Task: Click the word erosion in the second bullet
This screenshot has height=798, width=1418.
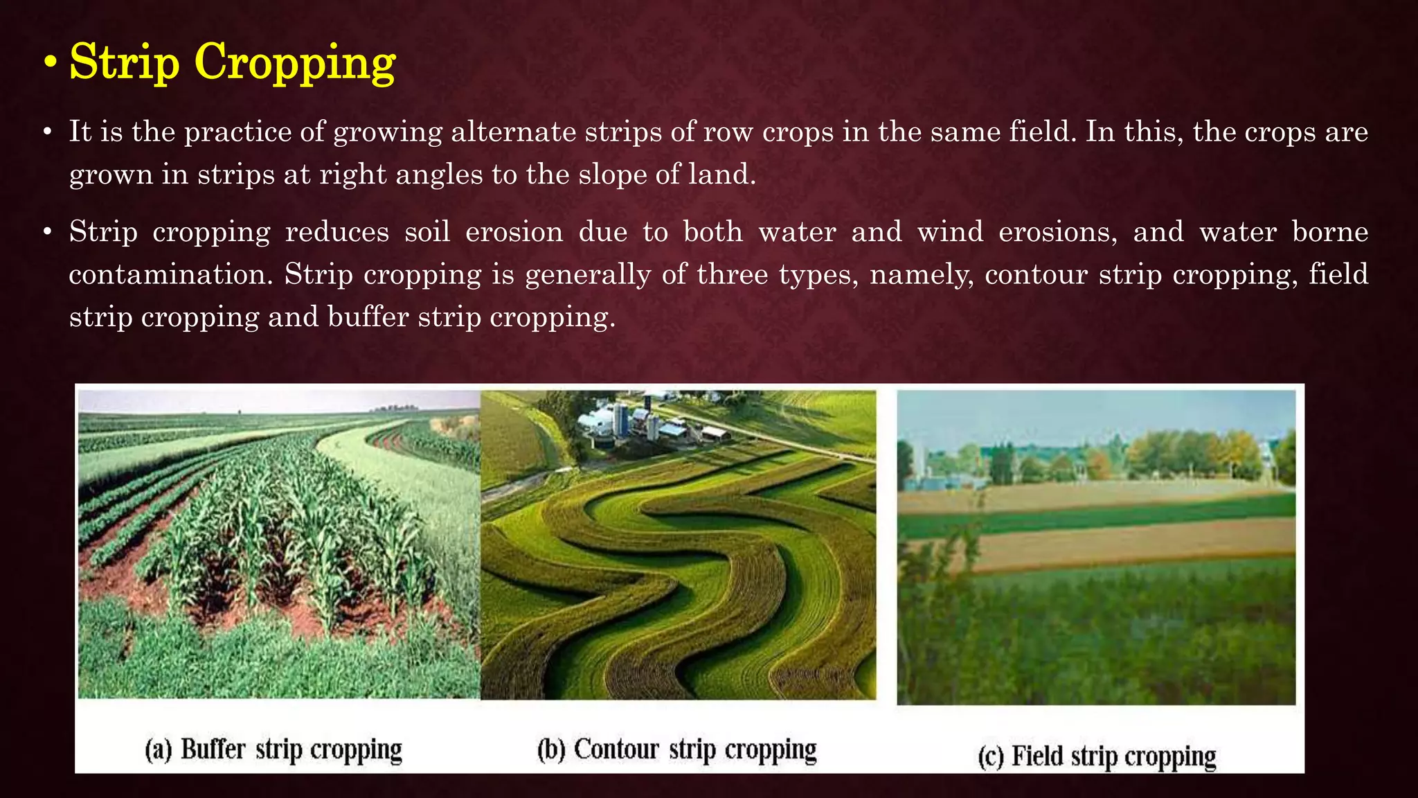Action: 514,232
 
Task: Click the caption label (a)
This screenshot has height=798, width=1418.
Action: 159,750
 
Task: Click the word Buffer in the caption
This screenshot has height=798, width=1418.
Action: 213,750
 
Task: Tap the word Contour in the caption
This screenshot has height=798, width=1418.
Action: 616,750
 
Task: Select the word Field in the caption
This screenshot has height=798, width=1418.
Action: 1038,756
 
